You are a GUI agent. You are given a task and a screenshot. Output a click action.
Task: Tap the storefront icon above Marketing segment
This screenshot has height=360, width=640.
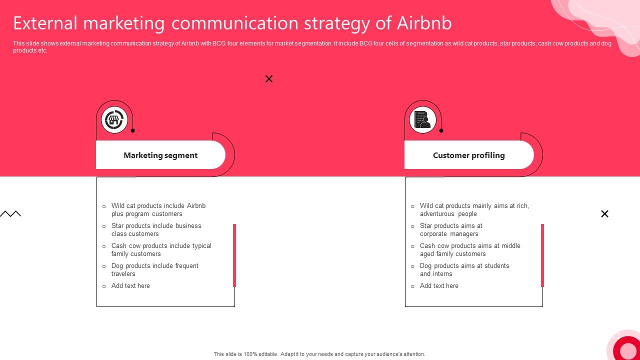coord(114,120)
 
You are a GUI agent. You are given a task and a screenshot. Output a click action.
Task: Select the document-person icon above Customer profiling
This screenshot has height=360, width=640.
coord(422,120)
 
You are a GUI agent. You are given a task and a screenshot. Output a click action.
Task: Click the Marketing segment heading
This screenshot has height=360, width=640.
coord(160,155)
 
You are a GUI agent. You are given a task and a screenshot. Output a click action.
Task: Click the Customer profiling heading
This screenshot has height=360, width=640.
coord(468,155)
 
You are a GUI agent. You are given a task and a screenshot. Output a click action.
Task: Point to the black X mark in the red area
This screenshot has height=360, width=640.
coord(269,79)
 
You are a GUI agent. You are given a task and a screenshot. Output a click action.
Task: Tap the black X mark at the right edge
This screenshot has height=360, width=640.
coord(604,214)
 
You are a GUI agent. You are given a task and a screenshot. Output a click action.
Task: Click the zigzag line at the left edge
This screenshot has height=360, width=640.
coord(10,214)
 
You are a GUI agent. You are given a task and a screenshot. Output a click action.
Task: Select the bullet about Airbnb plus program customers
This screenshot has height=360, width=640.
coord(158,210)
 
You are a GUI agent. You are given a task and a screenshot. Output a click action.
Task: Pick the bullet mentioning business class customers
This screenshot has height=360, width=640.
coord(156,230)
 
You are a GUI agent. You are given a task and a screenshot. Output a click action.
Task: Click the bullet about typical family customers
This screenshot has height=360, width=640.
coord(161,250)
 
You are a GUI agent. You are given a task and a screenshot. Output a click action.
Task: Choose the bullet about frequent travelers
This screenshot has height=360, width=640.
coord(154,270)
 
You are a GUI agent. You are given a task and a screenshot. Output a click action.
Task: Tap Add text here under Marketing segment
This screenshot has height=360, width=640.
coord(130,286)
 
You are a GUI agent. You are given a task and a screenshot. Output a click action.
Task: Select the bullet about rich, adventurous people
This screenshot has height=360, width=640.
coord(474,210)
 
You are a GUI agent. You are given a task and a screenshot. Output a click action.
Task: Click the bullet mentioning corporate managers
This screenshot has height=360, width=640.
coord(450,230)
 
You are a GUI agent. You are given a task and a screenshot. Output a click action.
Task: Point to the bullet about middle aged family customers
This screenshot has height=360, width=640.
coord(469,250)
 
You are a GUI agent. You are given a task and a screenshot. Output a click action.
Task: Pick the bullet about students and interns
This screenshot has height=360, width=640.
coord(464,270)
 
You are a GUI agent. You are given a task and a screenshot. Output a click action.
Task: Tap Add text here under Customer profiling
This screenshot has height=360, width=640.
coord(439,286)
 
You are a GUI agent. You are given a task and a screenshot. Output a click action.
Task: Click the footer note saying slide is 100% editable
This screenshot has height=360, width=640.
coord(319,354)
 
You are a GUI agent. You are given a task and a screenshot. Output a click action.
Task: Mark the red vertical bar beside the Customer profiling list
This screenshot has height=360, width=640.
coord(542,255)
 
